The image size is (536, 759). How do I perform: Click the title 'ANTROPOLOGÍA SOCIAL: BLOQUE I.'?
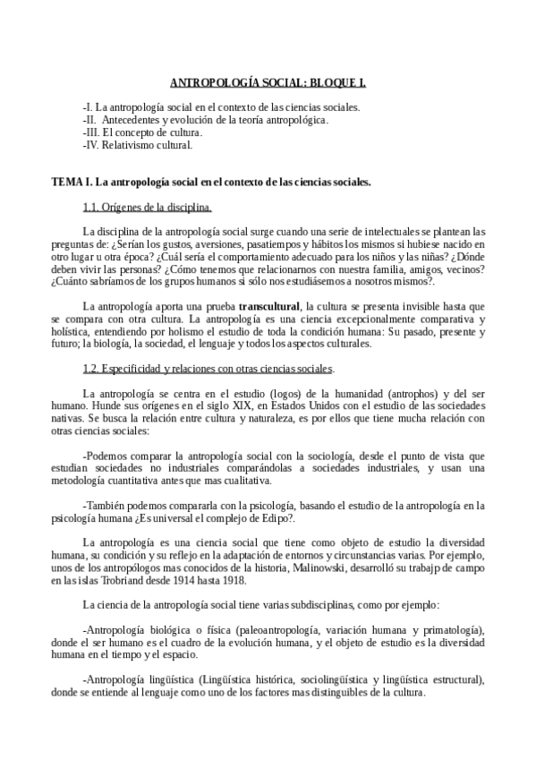268,82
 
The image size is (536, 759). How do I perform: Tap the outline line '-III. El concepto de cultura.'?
141,132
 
